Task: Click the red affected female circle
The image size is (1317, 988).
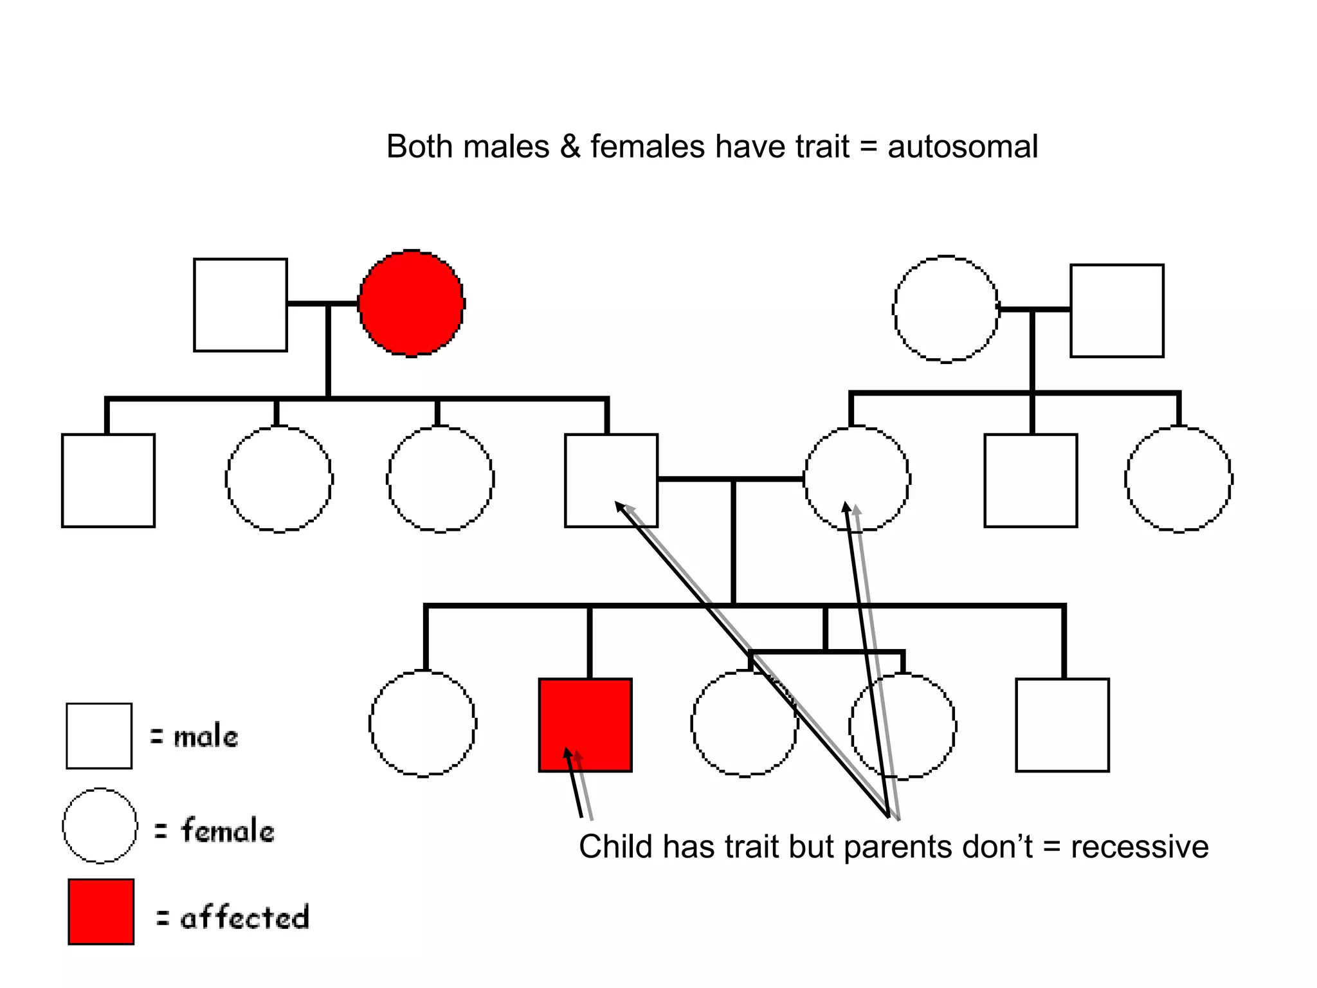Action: (412, 303)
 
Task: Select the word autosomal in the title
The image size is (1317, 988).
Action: (963, 147)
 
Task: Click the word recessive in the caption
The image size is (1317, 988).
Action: (1140, 846)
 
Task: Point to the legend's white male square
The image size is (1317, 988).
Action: (99, 736)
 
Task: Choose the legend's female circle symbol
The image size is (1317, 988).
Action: (100, 825)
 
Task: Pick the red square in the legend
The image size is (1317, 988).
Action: (101, 911)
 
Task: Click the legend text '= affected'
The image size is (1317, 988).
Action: (232, 917)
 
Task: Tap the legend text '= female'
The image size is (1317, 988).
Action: (215, 830)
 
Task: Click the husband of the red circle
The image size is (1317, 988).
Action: (241, 305)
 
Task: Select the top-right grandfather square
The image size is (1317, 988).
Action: (1117, 311)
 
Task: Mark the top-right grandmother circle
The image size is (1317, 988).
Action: (946, 309)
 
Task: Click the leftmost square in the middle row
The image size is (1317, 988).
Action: (108, 480)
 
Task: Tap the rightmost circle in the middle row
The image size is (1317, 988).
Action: (1179, 479)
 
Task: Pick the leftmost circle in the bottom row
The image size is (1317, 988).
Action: (423, 724)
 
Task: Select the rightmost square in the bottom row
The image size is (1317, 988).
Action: (1062, 725)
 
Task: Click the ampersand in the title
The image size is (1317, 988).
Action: (570, 147)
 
